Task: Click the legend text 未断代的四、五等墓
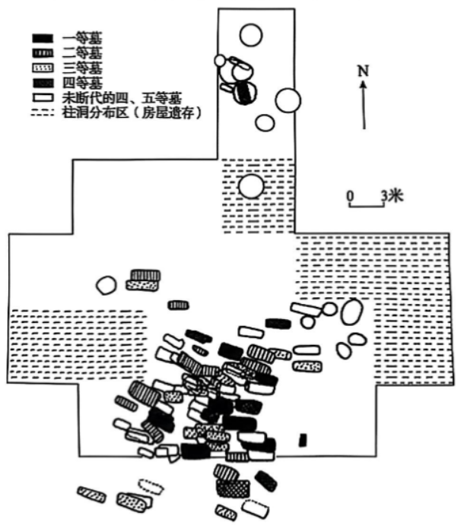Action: click(122, 97)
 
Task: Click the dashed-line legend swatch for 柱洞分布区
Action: click(43, 112)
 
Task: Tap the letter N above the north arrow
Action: click(364, 71)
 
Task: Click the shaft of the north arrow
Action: click(364, 106)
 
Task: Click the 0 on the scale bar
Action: click(350, 195)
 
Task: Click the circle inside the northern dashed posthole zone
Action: click(250, 185)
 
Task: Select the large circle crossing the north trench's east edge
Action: click(288, 100)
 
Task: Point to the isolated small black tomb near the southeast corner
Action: click(303, 439)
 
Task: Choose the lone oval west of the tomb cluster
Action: click(106, 285)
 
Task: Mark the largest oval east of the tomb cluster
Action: click(351, 312)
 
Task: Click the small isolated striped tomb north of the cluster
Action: click(179, 305)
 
